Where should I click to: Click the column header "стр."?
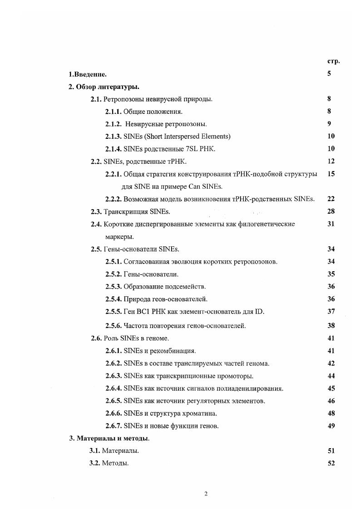[333, 61]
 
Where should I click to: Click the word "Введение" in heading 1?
[89, 74]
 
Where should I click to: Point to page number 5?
[329, 73]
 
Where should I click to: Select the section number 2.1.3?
[113, 136]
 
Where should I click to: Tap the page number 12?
[330, 161]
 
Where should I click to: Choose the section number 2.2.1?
[113, 174]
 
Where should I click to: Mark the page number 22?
[330, 199]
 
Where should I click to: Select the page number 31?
[330, 224]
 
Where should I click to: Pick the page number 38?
[330, 325]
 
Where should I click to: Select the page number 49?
[330, 426]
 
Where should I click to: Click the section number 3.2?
[94, 463]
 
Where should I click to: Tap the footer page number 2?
[206, 494]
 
